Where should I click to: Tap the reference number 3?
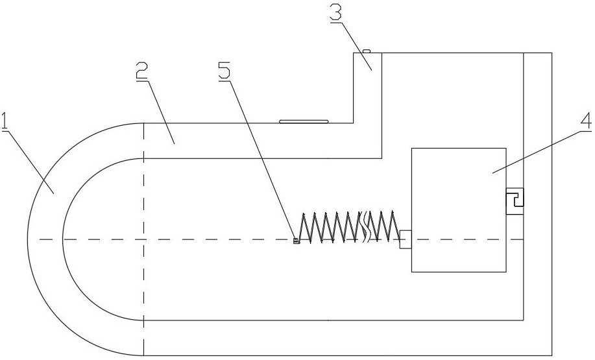coord(336,11)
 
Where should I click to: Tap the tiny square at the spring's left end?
coord(296,241)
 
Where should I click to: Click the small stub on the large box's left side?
coord(405,239)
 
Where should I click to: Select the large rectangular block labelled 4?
coord(458,209)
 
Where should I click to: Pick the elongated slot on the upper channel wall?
coord(304,121)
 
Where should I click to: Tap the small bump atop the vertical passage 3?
coord(366,50)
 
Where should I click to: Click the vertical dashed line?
coord(143,285)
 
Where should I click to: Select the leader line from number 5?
coord(260,156)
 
